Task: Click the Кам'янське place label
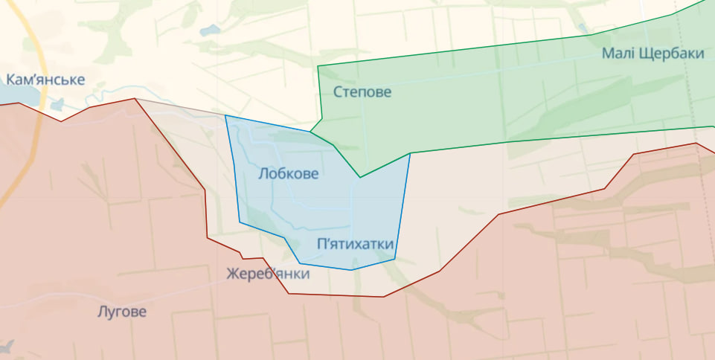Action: (x=45, y=80)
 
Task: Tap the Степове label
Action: (x=362, y=92)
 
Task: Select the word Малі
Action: (x=618, y=54)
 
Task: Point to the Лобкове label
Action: (x=289, y=174)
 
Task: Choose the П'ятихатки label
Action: (x=355, y=244)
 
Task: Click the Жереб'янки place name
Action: (x=268, y=274)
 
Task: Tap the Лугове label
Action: (x=122, y=312)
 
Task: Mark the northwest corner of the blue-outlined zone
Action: (x=225, y=115)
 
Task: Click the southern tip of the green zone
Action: (x=360, y=177)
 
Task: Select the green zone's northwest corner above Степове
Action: (x=318, y=67)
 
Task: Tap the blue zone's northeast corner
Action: (x=410, y=154)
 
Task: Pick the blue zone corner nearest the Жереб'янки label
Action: (x=301, y=263)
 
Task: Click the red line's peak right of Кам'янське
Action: (x=135, y=98)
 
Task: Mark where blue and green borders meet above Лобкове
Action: (x=310, y=132)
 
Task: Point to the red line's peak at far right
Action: (x=696, y=143)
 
